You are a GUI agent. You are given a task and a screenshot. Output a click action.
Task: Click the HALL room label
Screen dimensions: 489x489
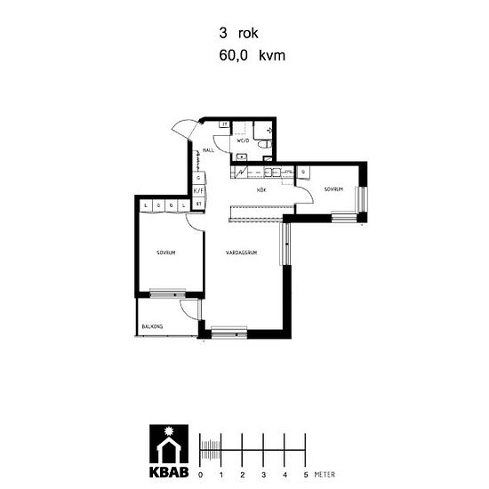tap(209, 150)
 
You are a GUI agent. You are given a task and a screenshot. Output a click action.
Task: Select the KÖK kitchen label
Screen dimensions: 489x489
tap(262, 190)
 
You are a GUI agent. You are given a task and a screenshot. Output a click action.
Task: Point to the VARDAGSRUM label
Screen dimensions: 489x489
tap(241, 253)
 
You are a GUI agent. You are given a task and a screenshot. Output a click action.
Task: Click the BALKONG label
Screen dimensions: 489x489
tap(152, 327)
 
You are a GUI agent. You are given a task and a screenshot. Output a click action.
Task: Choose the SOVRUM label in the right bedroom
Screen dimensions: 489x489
tap(333, 188)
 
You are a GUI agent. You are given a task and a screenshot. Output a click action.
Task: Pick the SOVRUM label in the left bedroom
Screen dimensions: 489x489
tap(165, 253)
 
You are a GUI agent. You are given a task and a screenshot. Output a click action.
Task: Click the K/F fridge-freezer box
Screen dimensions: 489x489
tap(199, 189)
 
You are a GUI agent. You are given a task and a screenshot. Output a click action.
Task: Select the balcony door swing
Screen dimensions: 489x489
tap(189, 310)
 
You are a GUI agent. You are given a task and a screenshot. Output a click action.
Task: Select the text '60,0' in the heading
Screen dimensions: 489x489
tap(233, 54)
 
